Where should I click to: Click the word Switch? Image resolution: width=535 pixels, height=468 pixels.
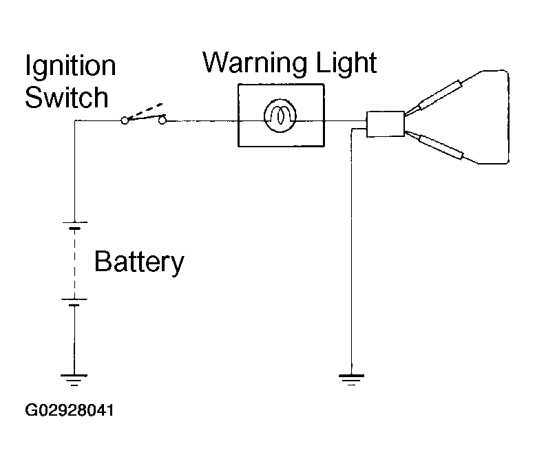pos(67,97)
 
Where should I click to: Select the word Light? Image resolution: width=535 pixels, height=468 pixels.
pos(346,64)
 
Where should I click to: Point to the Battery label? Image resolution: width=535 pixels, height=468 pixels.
pos(139,263)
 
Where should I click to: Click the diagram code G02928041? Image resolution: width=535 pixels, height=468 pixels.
pos(70,410)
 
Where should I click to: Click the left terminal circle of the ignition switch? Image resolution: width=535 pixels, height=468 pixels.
pos(125,120)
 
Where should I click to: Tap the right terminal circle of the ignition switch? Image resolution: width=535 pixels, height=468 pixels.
pos(162,120)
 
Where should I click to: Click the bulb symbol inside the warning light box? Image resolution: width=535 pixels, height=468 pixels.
pos(280,116)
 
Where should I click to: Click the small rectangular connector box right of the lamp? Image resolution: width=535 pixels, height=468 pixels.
pos(386,124)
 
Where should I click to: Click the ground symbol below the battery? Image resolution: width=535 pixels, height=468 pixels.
pos(74,380)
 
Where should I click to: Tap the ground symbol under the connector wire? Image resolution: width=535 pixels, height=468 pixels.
pos(351,380)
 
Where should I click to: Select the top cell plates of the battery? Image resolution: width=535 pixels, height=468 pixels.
pos(75,225)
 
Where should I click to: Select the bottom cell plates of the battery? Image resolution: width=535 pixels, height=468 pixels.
pos(74,302)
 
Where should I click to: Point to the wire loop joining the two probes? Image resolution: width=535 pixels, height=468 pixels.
pos(508,117)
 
